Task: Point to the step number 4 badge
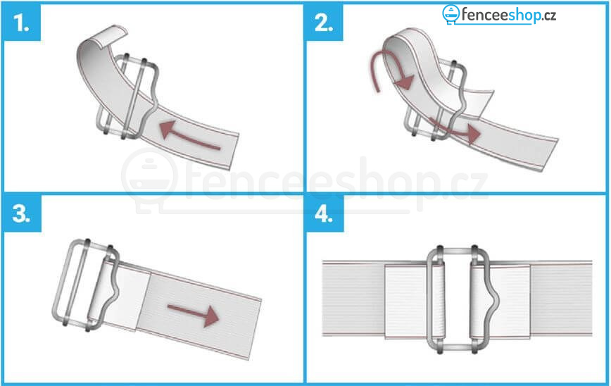(x=325, y=213)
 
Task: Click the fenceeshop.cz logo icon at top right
(x=451, y=14)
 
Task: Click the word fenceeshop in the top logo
(x=501, y=15)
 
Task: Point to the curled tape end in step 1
(x=106, y=37)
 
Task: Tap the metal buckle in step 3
(x=86, y=285)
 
